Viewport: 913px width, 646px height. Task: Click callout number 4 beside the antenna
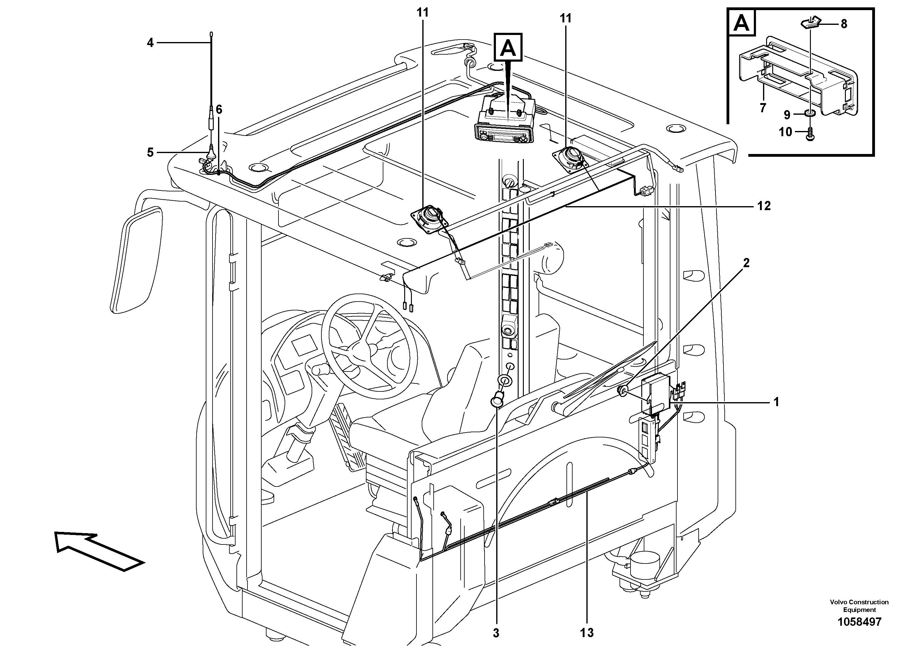[x=150, y=43]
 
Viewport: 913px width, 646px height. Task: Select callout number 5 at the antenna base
[x=150, y=152]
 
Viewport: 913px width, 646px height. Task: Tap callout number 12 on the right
[x=764, y=206]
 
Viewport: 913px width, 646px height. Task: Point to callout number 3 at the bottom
[x=496, y=633]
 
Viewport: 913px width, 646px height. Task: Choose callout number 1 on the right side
[x=776, y=402]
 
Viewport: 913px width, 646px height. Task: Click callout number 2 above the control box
[x=746, y=263]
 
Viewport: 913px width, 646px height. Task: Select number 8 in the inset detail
[x=844, y=24]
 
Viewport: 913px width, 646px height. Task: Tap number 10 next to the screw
[x=785, y=132]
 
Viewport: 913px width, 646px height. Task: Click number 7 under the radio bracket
[x=763, y=108]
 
